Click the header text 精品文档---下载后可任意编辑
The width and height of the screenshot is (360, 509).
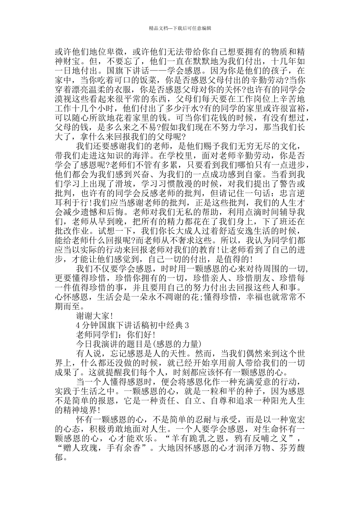180,28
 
